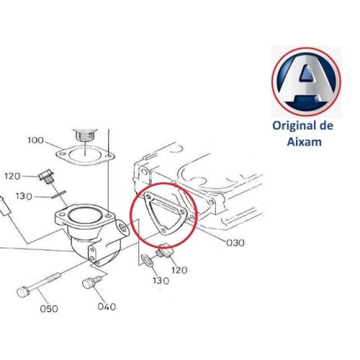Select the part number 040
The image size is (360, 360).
(x=107, y=306)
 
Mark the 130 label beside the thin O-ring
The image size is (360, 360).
(x=24, y=197)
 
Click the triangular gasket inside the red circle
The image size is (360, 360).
(x=159, y=212)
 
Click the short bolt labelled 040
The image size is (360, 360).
(x=91, y=284)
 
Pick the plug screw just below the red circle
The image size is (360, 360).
(x=163, y=251)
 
